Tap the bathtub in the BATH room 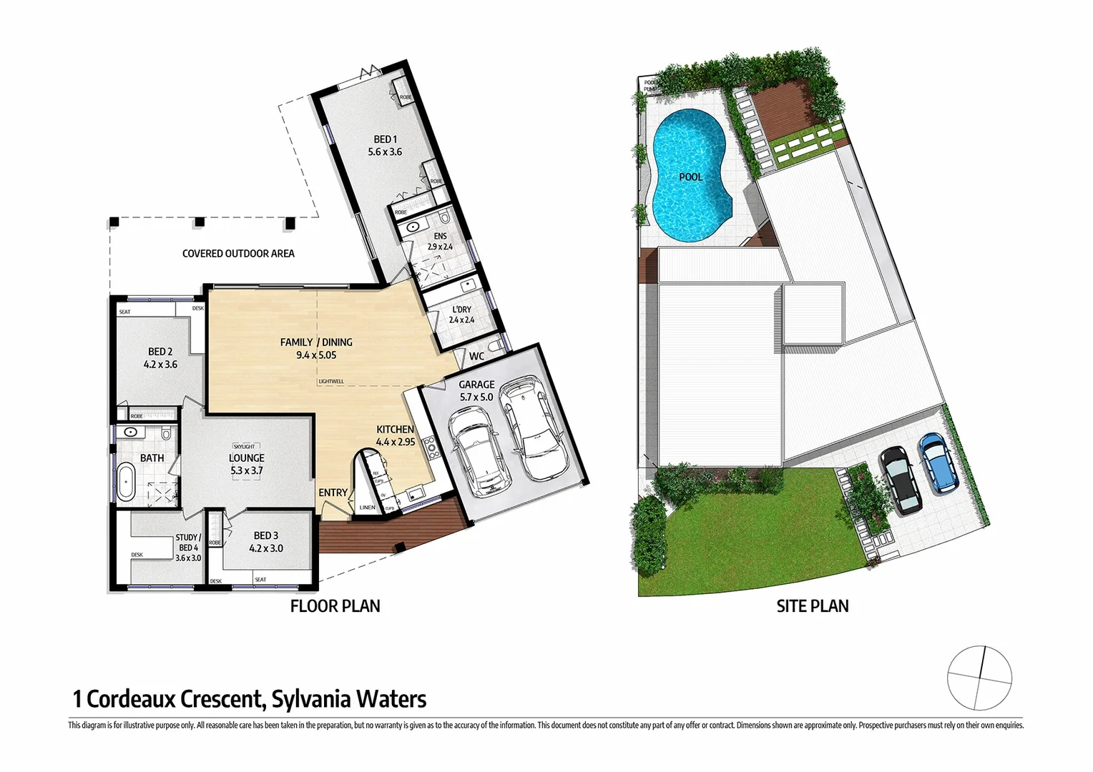[x=127, y=481]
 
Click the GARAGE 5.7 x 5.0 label [x=476, y=390]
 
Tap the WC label [x=476, y=356]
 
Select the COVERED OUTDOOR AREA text [x=238, y=253]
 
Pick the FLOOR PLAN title [x=335, y=606]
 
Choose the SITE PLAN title [x=813, y=606]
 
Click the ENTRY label [x=333, y=493]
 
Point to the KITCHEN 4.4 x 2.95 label [x=396, y=435]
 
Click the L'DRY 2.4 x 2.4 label [x=461, y=315]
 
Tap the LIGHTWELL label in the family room [x=331, y=382]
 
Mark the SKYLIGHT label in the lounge [x=244, y=447]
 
